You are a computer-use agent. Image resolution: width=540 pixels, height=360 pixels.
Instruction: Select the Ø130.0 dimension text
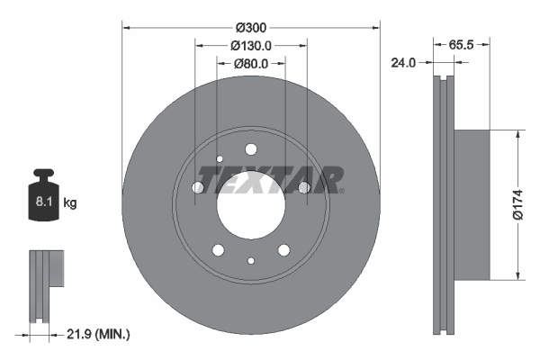(x=251, y=45)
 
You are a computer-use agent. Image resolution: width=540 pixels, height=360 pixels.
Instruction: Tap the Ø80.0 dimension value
(x=251, y=64)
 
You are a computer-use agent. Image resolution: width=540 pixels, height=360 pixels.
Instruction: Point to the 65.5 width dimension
(x=463, y=44)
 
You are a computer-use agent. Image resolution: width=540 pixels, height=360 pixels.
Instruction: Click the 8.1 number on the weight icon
(x=41, y=203)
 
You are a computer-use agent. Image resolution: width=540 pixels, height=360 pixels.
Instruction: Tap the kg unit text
(x=70, y=203)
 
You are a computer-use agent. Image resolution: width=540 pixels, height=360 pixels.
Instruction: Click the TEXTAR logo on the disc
(x=270, y=180)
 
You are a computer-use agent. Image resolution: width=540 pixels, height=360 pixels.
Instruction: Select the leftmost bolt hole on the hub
(x=198, y=187)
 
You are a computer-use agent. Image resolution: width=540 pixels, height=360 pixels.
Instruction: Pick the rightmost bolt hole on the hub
(x=304, y=187)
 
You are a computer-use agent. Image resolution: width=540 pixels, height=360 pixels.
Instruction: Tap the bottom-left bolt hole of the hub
(x=218, y=249)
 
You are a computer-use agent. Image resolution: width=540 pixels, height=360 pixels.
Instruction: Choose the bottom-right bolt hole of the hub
(x=283, y=249)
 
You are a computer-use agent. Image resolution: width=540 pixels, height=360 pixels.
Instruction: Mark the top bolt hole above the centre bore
(x=251, y=149)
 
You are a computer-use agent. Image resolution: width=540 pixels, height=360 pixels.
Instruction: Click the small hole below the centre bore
(x=250, y=261)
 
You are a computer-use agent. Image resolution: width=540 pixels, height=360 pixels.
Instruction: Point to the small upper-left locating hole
(x=220, y=160)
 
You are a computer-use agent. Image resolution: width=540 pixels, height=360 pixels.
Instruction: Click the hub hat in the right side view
(x=472, y=205)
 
